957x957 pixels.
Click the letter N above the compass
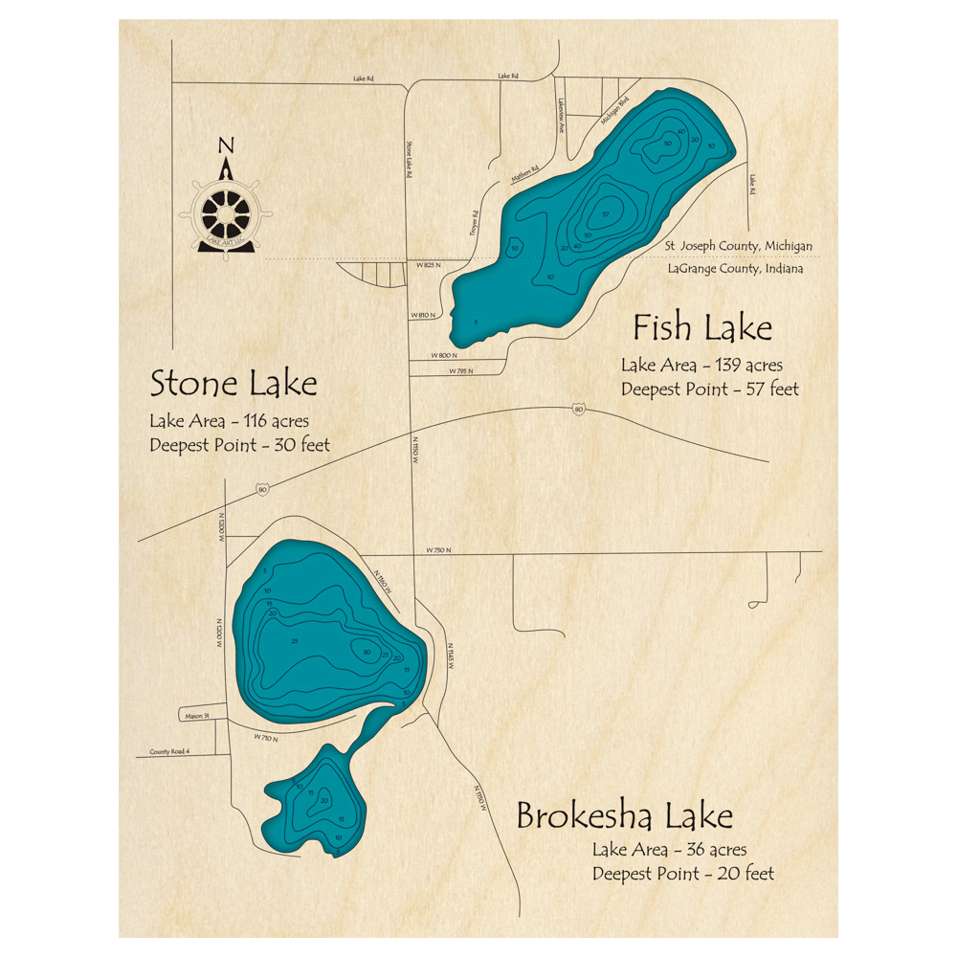point(226,146)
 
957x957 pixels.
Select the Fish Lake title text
point(701,328)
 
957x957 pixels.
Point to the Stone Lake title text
point(233,385)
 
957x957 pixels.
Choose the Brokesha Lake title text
point(624,816)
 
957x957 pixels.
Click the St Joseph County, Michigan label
point(739,246)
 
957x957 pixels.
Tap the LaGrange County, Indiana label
point(735,269)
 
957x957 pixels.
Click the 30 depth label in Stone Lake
point(367,654)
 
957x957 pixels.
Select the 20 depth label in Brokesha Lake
point(324,800)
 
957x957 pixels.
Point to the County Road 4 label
point(169,752)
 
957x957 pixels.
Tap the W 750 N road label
point(438,550)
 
